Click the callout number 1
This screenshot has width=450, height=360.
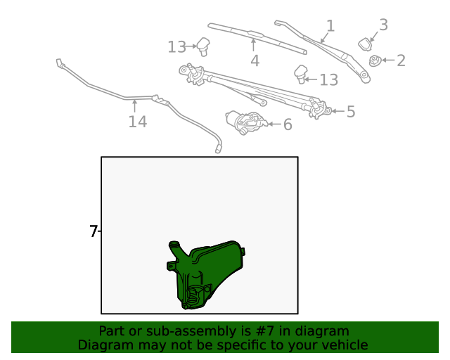[330, 26]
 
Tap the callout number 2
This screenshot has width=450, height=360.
[401, 60]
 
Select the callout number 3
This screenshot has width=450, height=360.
[383, 25]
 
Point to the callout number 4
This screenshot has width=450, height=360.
[255, 61]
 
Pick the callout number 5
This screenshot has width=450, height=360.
[350, 111]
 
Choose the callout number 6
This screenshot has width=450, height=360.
[287, 125]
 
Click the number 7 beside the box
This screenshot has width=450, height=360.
[94, 231]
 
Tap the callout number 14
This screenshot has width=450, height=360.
[137, 122]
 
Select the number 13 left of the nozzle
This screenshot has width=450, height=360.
[177, 47]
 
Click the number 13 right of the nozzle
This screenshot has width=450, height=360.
[328, 79]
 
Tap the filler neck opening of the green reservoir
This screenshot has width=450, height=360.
[174, 245]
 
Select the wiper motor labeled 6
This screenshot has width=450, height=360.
[246, 122]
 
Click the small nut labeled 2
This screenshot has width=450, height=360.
[375, 61]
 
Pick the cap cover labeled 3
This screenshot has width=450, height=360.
[366, 44]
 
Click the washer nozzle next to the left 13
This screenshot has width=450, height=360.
[205, 46]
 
